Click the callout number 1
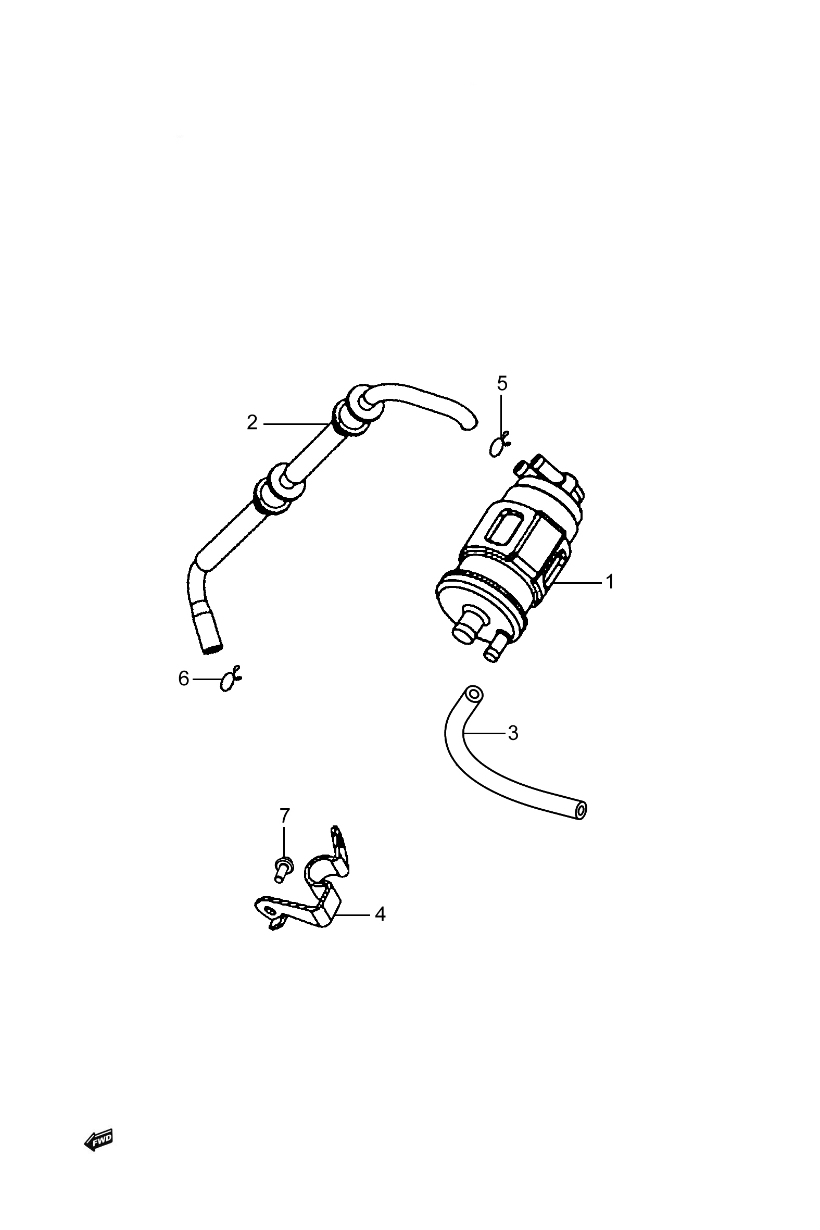click(x=609, y=582)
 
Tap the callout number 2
click(x=253, y=422)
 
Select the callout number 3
click(x=513, y=733)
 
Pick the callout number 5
click(x=502, y=383)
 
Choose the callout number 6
click(x=184, y=679)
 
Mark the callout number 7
click(x=284, y=815)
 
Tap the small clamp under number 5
click(x=499, y=446)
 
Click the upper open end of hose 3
click(x=474, y=695)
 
